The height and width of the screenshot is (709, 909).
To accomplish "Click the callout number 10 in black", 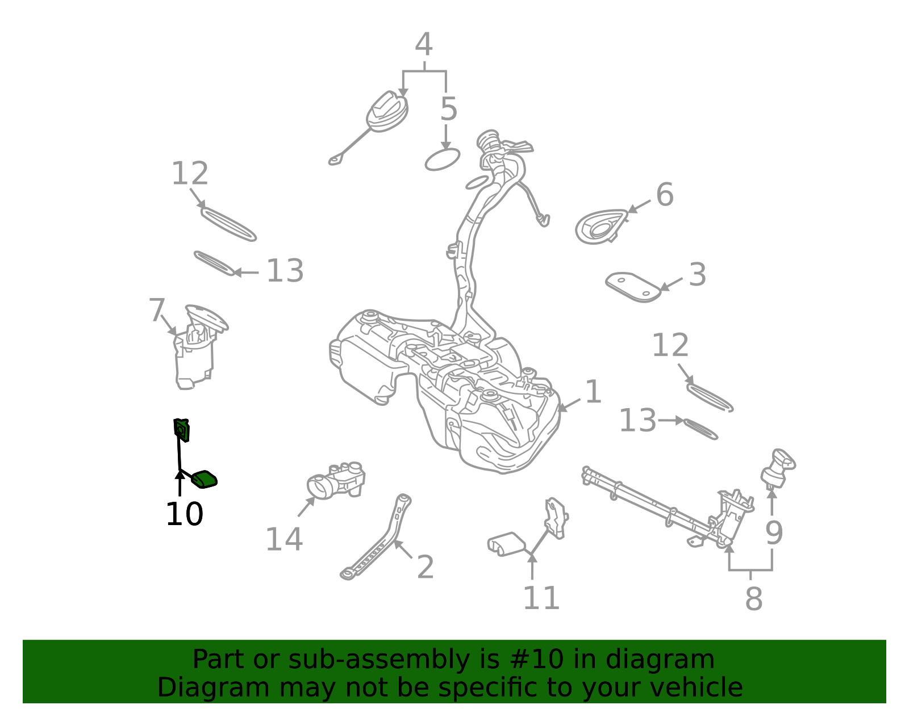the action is click(x=185, y=514).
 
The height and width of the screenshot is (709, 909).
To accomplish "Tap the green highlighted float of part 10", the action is click(x=205, y=479).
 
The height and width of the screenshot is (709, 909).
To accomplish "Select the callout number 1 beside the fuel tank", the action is click(x=593, y=392).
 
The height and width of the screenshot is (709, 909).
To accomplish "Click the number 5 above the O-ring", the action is click(x=449, y=109).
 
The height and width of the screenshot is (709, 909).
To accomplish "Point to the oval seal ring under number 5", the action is click(x=443, y=160).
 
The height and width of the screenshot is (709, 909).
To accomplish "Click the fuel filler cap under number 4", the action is click(x=387, y=112).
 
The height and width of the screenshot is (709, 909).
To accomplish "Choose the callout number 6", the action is click(x=665, y=194).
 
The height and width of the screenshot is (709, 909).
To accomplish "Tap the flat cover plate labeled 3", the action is click(x=633, y=287).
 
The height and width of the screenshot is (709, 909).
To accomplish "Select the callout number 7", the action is click(x=157, y=310).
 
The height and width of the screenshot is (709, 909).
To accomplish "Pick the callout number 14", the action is click(x=284, y=539).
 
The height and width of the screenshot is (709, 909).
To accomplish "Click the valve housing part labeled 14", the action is click(x=336, y=480).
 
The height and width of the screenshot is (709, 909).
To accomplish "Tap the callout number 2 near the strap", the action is click(x=426, y=567).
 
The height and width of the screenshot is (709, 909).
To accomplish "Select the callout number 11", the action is click(x=541, y=598).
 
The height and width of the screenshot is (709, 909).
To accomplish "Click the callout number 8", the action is click(x=754, y=599).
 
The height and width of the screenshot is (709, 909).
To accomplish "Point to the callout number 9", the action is click(x=774, y=533).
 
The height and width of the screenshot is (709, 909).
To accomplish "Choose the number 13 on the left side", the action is click(x=285, y=271).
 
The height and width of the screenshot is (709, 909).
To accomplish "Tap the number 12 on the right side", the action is click(x=670, y=345).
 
